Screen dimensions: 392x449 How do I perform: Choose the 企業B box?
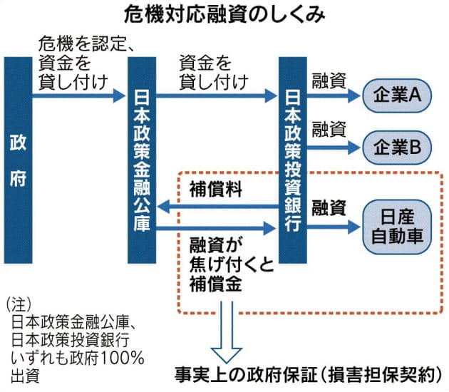396,147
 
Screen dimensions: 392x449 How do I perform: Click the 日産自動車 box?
396,223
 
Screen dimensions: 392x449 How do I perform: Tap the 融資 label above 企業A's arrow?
329,81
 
